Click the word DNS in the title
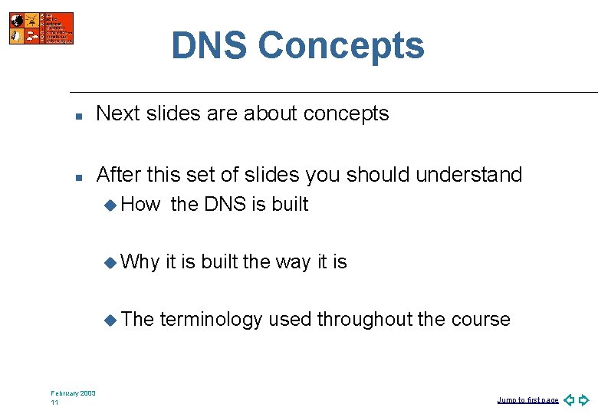(209, 45)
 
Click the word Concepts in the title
(340, 45)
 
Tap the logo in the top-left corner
(41, 28)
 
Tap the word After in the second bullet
(120, 175)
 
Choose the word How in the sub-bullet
(140, 204)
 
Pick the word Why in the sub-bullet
(140, 261)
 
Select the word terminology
(211, 319)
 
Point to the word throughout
(364, 319)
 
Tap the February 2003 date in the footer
(74, 393)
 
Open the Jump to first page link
(527, 400)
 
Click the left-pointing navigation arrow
(569, 399)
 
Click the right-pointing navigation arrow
(584, 399)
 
